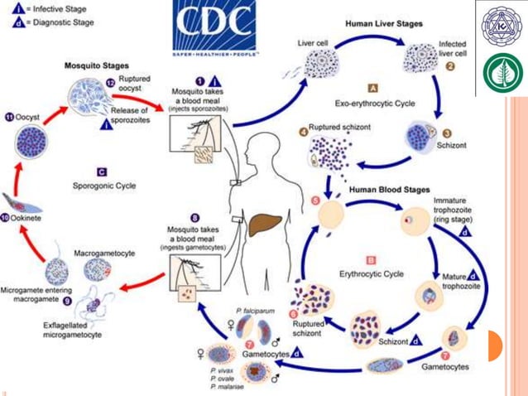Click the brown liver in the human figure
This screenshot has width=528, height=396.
pos(267,225)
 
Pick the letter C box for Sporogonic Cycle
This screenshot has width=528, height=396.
pos(102,172)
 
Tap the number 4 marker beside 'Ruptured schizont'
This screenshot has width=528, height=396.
pos(304,128)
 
